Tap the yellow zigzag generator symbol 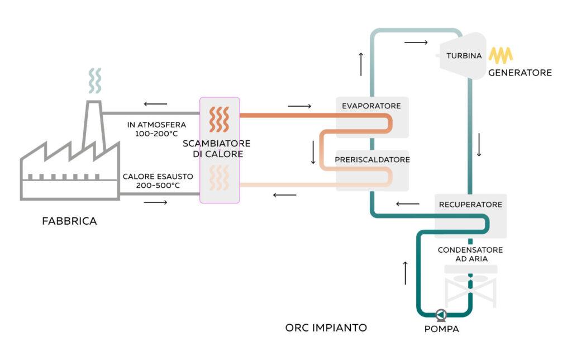[501, 55]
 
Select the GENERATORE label [519, 73]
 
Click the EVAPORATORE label [371, 106]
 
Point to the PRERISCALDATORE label [373, 159]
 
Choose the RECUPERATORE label [470, 205]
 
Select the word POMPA [441, 329]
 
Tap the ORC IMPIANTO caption [326, 328]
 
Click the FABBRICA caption [69, 221]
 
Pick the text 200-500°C [158, 186]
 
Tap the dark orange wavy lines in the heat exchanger [219, 119]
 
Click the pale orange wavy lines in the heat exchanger [219, 178]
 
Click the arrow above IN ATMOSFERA [155, 103]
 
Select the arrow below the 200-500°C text [155, 202]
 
